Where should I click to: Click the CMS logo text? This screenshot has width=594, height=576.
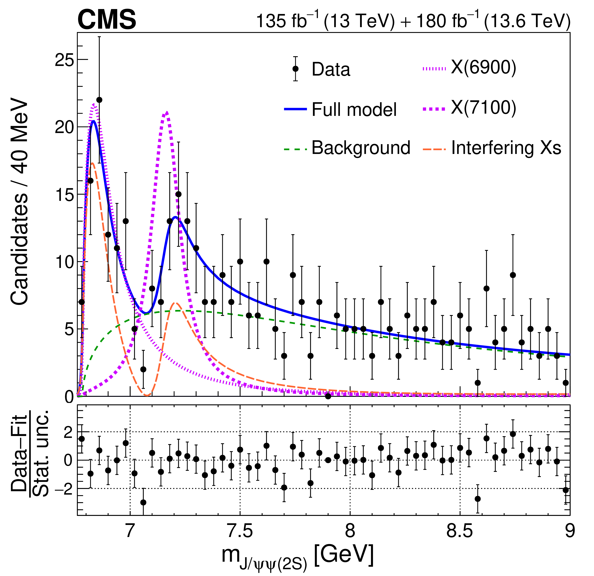[107, 20]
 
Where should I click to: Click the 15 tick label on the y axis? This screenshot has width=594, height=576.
[64, 195]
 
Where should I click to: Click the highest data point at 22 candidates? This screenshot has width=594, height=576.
[99, 100]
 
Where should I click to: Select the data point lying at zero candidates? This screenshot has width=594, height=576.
[328, 396]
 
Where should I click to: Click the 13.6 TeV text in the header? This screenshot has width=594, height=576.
[527, 21]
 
